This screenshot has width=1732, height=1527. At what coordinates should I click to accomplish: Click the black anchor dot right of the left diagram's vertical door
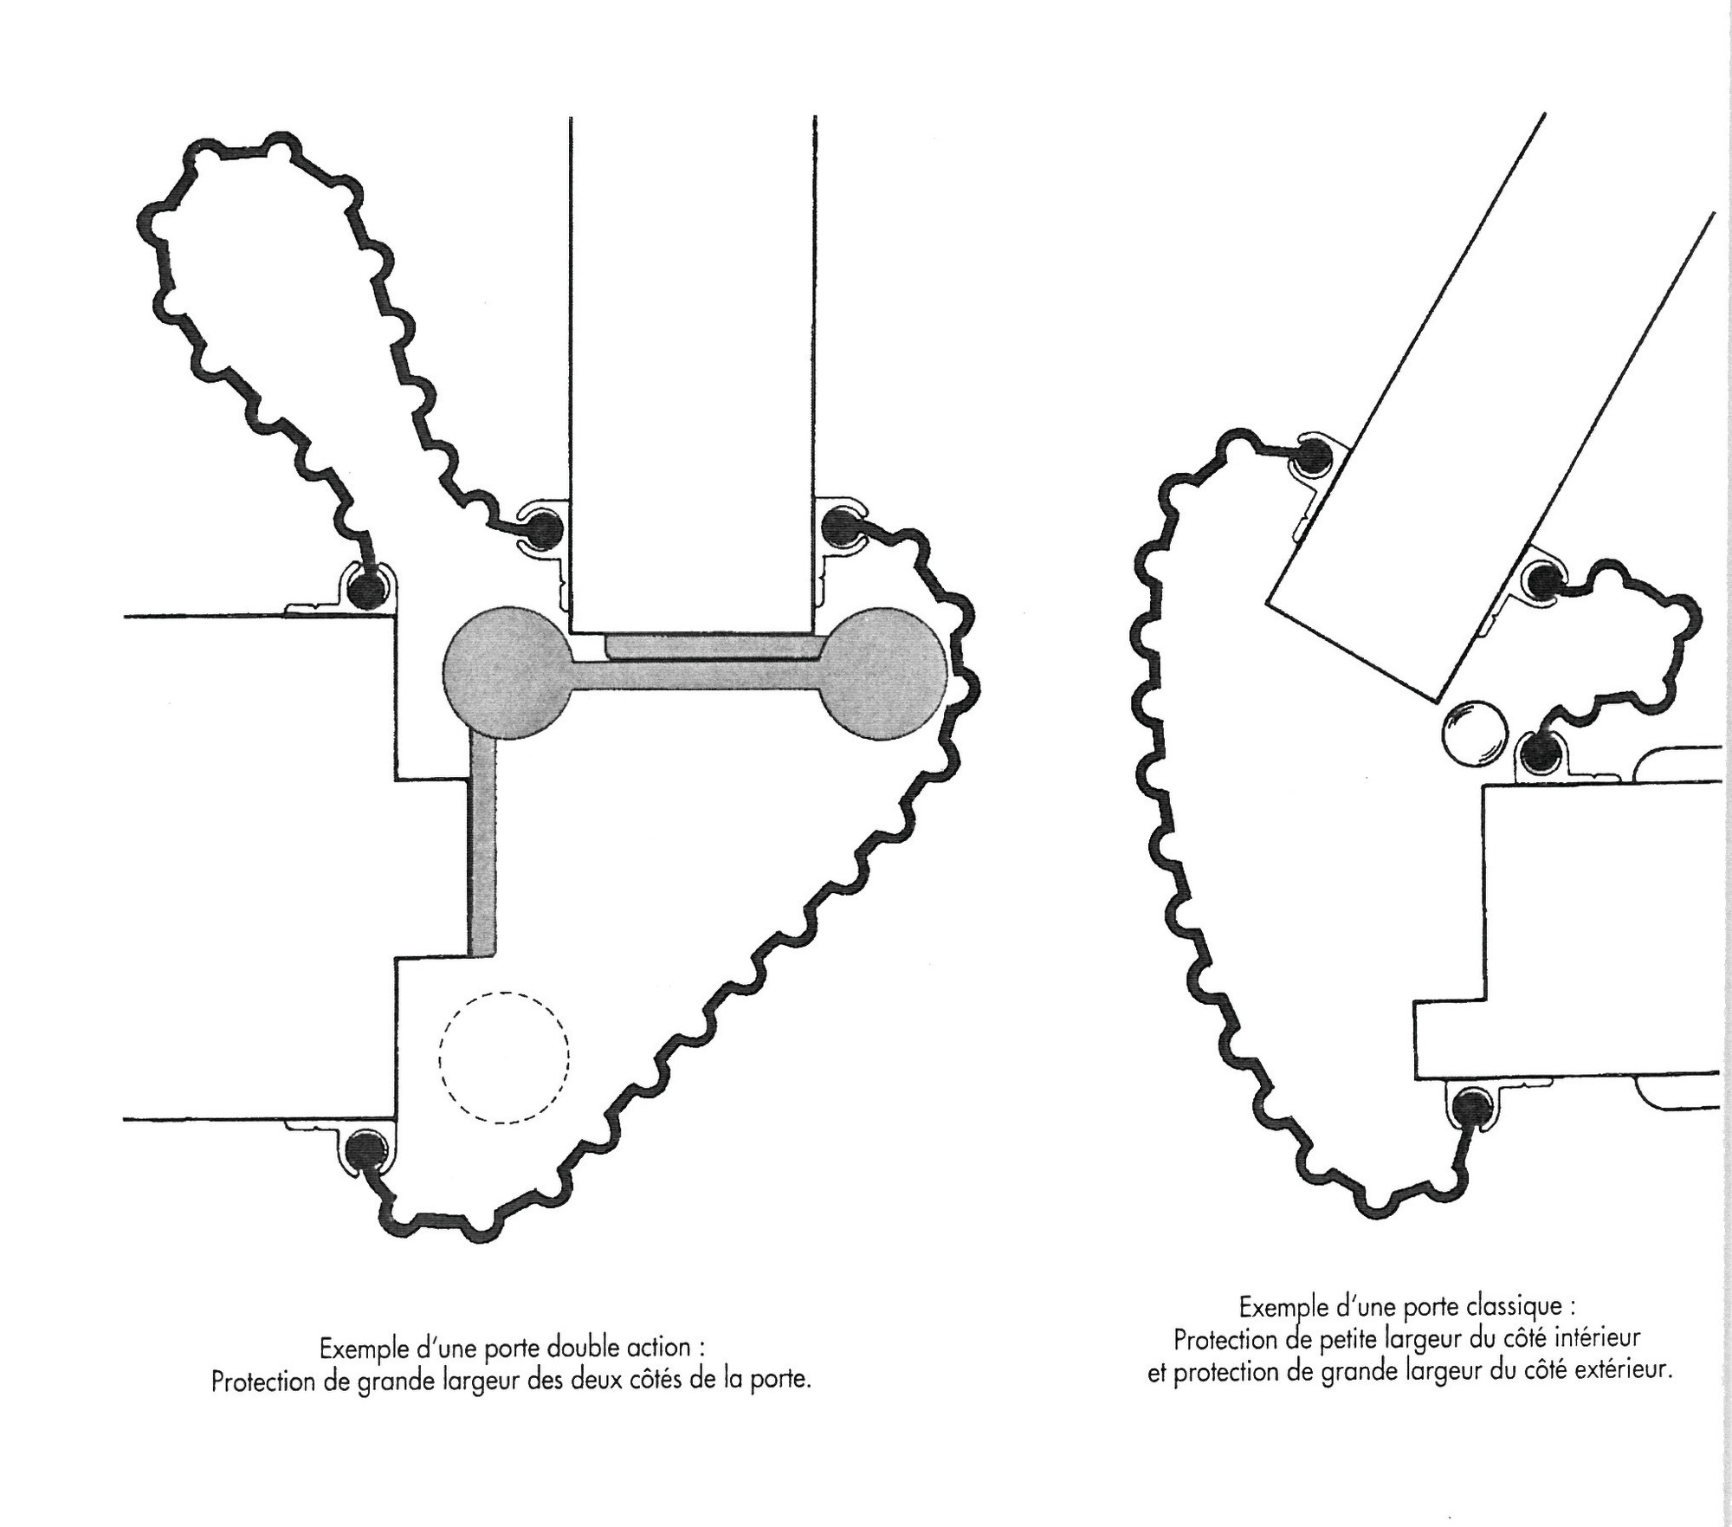(x=837, y=526)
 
